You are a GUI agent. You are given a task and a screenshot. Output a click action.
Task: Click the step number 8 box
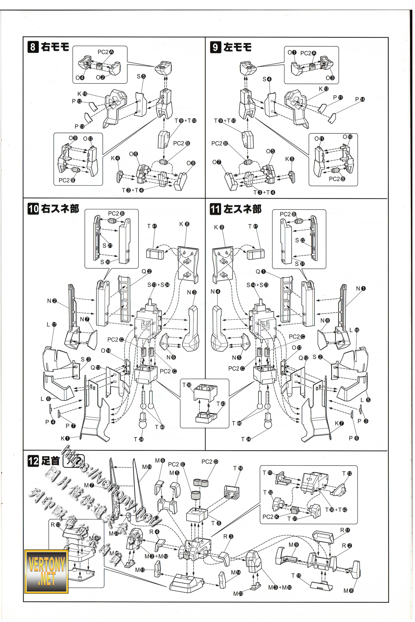coord(33,47)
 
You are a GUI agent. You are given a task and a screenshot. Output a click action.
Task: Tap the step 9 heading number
coord(215,47)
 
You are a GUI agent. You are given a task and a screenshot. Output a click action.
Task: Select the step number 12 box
coord(33,461)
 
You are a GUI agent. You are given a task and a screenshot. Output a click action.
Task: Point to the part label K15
coord(82,94)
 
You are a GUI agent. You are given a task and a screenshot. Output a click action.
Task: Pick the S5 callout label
coord(141,76)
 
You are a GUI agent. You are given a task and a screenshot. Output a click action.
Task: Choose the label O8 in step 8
coord(191,163)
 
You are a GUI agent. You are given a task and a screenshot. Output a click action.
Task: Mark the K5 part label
coord(289,159)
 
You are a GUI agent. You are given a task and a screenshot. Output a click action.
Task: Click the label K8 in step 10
coord(184,224)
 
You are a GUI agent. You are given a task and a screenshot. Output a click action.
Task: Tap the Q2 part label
coord(146,271)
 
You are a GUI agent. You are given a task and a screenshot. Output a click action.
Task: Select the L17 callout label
coord(51,324)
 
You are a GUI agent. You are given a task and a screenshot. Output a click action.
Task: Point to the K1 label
coord(65,438)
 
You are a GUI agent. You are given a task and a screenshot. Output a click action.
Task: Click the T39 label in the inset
coord(186,385)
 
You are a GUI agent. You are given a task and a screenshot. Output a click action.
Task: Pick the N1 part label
coord(361,288)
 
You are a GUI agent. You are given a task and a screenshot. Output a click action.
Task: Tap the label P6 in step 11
coord(354,438)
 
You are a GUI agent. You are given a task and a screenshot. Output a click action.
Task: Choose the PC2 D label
coord(210,462)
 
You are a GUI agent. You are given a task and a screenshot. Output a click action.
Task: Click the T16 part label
coord(238,468)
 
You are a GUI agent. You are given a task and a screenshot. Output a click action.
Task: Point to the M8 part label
coord(348,591)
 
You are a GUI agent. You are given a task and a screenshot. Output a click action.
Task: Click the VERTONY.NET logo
coord(47,571)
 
